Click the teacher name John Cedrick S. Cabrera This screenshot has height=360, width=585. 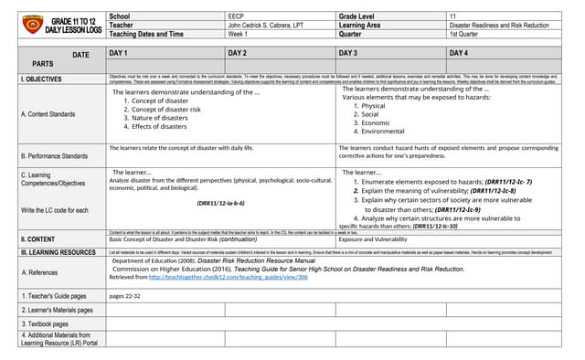(x=266, y=25)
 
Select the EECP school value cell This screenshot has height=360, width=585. (x=236, y=16)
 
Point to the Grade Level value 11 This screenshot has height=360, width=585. (x=452, y=16)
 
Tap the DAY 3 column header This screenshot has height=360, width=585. (x=348, y=54)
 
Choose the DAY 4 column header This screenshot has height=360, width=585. (x=459, y=54)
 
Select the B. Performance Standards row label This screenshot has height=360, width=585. (x=55, y=156)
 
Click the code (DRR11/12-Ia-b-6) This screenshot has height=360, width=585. (x=220, y=203)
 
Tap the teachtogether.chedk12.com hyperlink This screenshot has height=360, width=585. (x=228, y=277)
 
